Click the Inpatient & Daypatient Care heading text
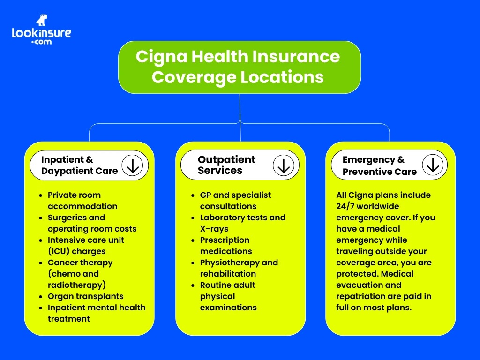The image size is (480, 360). point(79,165)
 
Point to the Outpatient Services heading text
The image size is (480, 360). point(226,165)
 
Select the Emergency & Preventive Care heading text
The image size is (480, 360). point(379,166)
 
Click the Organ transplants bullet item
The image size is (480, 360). point(85,296)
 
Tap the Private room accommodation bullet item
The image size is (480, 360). point(82,201)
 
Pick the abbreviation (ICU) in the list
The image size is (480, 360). point(59,251)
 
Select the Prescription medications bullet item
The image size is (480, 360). point(225,246)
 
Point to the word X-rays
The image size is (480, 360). point(214,229)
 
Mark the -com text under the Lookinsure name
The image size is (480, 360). point(41,42)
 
